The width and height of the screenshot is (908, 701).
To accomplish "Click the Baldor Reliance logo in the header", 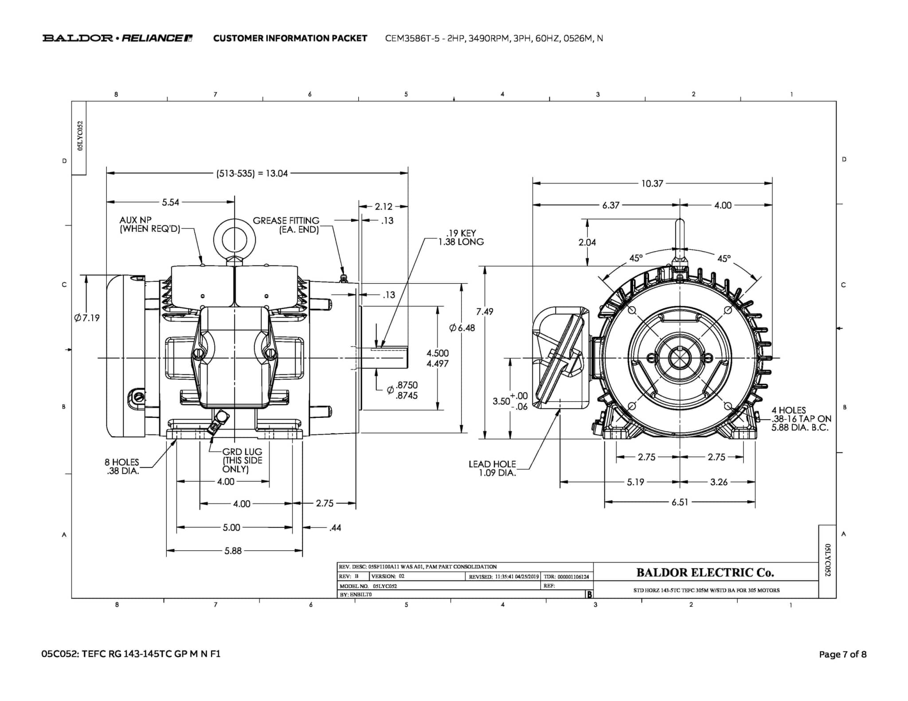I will tap(117, 38).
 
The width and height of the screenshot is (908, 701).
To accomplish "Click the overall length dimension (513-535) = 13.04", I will tap(252, 173).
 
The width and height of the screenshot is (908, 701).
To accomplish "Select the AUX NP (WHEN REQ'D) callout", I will tap(150, 225).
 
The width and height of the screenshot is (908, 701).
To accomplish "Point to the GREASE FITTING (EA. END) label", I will tap(286, 225).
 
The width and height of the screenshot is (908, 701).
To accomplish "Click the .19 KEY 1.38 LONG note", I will tap(461, 238).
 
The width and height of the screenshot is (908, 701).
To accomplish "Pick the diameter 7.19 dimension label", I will tap(87, 318).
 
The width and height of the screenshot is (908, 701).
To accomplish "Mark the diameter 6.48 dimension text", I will tap(462, 328).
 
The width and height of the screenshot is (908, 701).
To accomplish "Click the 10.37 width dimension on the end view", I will tap(652, 183).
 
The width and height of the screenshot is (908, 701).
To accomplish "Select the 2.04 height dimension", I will tap(587, 242).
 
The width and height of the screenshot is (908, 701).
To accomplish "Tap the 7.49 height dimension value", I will tap(485, 312).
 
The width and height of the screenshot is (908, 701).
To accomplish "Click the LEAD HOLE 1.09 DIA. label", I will tap(492, 468).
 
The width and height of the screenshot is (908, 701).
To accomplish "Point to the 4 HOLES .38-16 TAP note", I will tap(801, 419).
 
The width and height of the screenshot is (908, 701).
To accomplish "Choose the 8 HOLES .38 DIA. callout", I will tap(122, 467).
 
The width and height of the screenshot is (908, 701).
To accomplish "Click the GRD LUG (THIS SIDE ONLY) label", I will tap(242, 460).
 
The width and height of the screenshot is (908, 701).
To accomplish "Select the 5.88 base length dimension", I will tap(233, 551).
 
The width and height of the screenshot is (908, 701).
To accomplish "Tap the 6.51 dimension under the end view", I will tap(679, 502).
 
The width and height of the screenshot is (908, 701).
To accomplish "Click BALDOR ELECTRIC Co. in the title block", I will tap(705, 572).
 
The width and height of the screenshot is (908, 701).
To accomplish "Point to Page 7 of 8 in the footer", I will tap(842, 654).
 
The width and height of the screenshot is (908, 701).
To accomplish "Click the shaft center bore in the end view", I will tap(679, 358).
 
